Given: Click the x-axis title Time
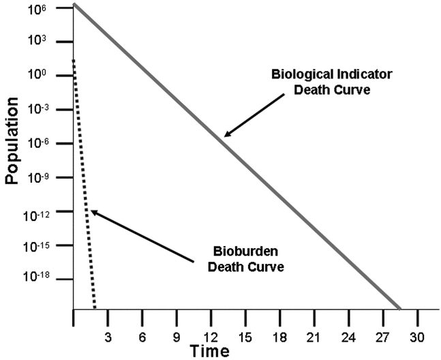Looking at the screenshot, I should click(209, 351).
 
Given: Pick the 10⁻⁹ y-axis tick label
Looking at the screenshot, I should click(41, 177).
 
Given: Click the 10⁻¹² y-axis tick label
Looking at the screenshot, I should click(40, 211).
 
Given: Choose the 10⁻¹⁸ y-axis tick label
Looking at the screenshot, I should click(40, 278).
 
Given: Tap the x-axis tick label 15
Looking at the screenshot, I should click(245, 335).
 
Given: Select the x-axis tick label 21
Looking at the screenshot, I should click(314, 335).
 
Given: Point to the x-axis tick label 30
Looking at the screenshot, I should click(417, 335).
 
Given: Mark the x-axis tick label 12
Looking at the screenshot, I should click(211, 335).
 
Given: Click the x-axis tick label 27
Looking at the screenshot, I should click(383, 335).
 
